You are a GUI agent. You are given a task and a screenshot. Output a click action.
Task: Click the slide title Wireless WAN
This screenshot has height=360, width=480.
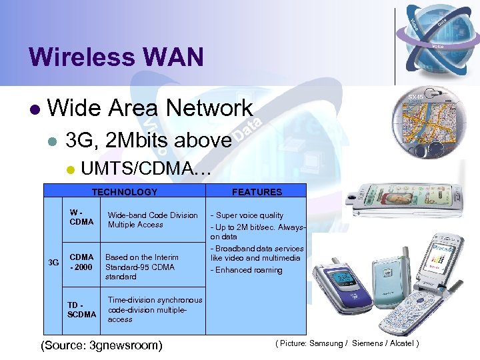[117, 57]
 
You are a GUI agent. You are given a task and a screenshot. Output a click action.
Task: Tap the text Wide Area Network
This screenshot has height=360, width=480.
[150, 108]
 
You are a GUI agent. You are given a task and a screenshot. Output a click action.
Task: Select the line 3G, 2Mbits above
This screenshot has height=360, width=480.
[149, 140]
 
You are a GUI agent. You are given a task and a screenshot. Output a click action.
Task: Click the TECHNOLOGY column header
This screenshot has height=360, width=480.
[125, 192]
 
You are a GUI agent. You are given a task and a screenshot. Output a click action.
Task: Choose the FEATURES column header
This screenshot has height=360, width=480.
[257, 192]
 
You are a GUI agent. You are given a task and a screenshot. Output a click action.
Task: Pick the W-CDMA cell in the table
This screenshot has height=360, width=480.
[81, 217]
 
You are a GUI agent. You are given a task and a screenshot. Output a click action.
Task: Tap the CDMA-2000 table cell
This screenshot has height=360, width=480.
[81, 262]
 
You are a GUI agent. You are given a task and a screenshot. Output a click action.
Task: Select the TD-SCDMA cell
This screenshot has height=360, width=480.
[81, 309]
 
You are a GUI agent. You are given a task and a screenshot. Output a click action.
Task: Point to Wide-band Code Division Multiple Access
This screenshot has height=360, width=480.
[153, 220]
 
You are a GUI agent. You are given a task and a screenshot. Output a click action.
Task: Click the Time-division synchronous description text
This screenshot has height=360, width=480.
[155, 309]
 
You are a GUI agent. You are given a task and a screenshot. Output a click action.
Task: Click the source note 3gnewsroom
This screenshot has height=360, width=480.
[101, 345]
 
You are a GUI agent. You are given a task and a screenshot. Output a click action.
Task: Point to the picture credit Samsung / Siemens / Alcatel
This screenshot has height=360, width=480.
[347, 343]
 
